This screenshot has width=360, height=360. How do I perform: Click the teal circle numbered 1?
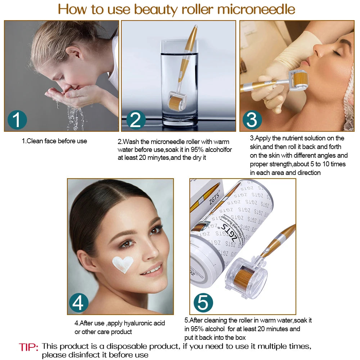(x=17, y=120)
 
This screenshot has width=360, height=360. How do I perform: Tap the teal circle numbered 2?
(x=136, y=120)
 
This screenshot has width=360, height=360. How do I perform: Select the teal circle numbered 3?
(x=252, y=120)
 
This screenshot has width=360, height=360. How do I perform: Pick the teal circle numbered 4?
(x=78, y=303)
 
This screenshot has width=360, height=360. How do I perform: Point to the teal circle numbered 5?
(x=203, y=303)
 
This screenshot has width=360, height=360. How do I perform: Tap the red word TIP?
(x=28, y=347)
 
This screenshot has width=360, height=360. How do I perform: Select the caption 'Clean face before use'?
(x=54, y=141)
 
